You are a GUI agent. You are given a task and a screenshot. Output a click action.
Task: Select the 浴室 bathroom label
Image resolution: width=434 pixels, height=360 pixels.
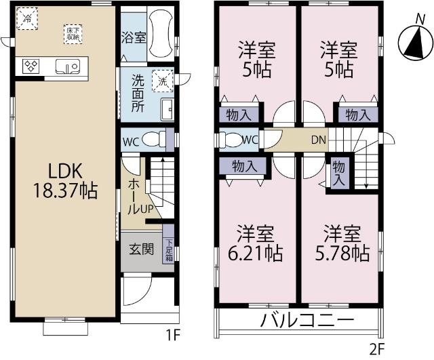[x=133, y=37]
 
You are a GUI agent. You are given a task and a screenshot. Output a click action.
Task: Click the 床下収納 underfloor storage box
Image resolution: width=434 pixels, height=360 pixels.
[x=73, y=34]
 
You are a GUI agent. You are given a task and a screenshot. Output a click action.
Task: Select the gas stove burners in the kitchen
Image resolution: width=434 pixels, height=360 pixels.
[x=31, y=66]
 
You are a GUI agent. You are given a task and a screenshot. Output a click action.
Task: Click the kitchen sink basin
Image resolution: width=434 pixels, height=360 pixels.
[x=68, y=66]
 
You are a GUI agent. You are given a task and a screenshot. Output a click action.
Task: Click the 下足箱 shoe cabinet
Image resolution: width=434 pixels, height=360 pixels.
[x=167, y=249]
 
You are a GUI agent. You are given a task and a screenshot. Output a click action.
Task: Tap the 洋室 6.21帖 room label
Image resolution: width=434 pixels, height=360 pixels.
[x=256, y=243]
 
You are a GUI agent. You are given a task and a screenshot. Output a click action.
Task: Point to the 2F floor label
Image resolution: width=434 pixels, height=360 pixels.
[x=376, y=350]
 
